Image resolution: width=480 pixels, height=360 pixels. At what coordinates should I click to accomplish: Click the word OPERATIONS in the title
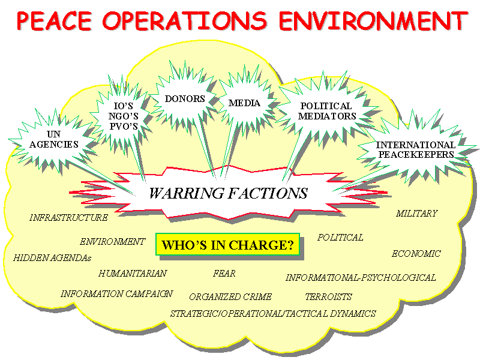185,21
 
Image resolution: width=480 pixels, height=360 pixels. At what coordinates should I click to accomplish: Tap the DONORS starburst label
185,99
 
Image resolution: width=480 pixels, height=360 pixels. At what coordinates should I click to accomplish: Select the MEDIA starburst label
244,103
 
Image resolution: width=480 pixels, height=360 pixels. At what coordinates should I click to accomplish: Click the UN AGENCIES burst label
54,139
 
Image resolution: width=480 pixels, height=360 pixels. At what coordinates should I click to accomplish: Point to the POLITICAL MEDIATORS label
327,111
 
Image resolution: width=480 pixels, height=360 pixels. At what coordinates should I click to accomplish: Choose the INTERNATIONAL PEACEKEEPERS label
416,149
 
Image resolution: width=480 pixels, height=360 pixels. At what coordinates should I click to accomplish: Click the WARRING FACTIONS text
229,193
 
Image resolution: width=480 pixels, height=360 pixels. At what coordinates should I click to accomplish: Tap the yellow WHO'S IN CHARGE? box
228,245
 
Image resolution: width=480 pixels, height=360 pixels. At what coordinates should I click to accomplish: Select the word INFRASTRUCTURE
68,218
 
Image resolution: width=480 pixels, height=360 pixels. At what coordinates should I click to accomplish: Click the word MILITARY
417,214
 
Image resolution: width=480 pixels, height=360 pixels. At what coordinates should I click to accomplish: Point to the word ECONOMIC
416,254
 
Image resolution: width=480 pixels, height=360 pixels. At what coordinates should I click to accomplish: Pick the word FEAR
224,274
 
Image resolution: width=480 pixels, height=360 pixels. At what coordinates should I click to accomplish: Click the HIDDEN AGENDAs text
52,258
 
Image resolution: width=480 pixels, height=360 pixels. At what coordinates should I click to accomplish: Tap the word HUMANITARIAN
133,274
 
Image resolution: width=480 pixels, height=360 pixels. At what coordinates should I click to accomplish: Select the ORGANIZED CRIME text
230,297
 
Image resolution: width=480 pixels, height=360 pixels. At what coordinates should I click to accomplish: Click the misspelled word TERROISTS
328,297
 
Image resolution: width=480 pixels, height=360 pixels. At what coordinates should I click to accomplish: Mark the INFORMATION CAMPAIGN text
116,294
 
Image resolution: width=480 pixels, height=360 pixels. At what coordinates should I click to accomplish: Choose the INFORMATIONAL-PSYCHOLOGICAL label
361,278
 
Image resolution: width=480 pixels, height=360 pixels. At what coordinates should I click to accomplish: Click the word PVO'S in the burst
124,126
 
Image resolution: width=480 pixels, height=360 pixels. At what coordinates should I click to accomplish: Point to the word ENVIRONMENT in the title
373,21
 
